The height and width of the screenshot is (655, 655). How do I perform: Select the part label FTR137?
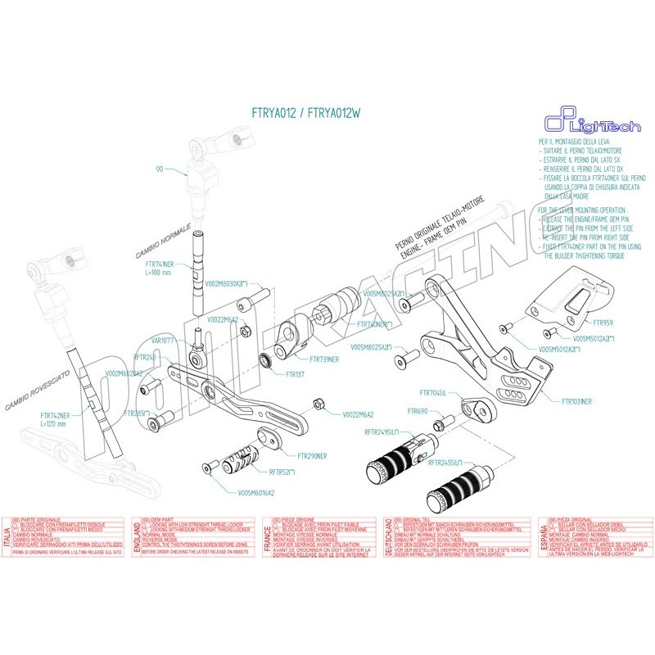[x=295, y=373]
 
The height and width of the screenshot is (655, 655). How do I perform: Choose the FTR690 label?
[x=418, y=410]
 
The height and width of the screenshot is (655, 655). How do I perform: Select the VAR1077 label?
[x=161, y=339]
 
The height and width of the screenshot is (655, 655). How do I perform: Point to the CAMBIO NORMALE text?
[x=163, y=239]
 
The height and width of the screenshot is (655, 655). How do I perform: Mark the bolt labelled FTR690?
[x=438, y=426]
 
